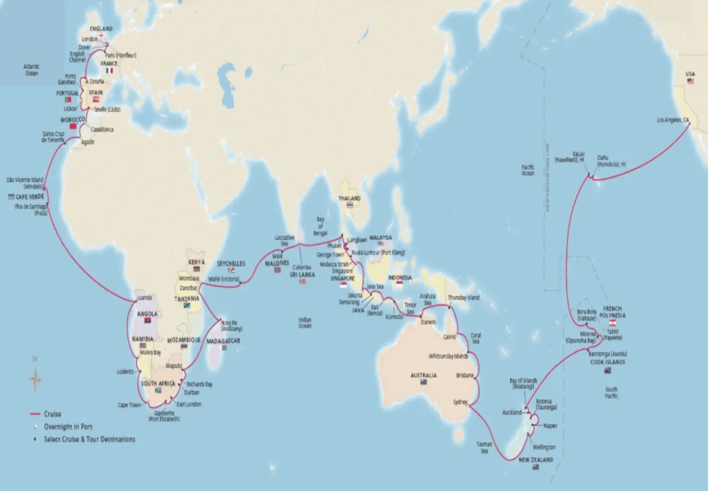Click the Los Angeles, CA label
(x=672, y=120)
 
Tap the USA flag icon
(x=690, y=81)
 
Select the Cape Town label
(x=129, y=405)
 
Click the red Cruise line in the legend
(x=35, y=414)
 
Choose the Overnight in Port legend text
(x=68, y=427)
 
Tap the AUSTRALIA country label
(x=423, y=375)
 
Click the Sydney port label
(x=460, y=402)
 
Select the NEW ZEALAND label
(x=536, y=460)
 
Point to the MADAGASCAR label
(x=223, y=341)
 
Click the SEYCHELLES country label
(x=231, y=264)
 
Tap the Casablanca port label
(x=102, y=129)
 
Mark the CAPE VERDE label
(x=30, y=197)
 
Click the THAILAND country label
(x=350, y=198)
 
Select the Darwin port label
(x=428, y=322)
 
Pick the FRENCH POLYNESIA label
(x=612, y=312)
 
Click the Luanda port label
(x=145, y=297)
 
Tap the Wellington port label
(x=544, y=447)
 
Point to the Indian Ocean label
(x=305, y=323)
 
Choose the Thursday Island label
(x=463, y=297)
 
